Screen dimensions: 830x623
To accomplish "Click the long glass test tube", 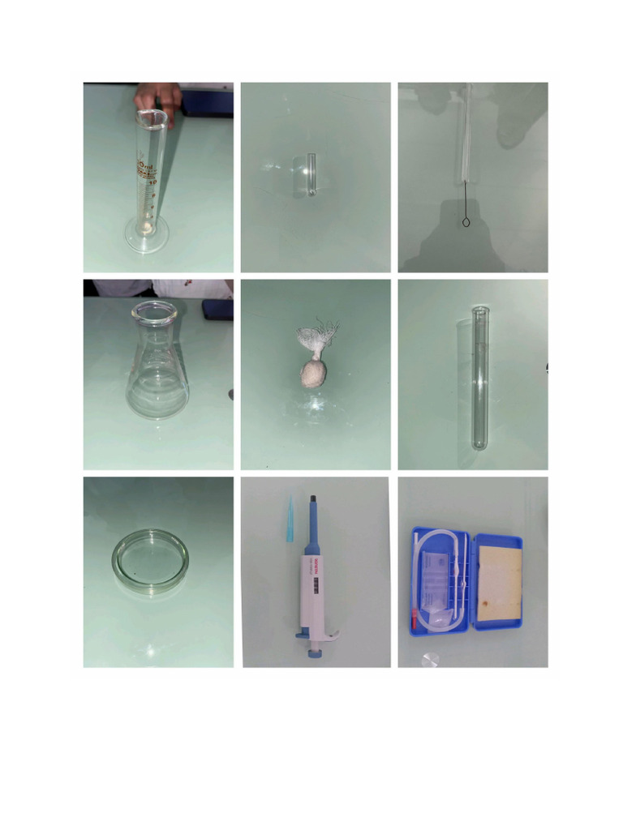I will pyautogui.click(x=481, y=376).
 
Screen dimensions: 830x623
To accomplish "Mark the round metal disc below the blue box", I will pyautogui.click(x=430, y=657).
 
